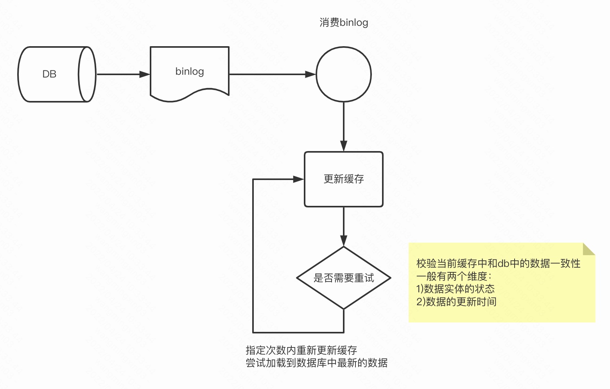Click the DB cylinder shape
pos(57,74)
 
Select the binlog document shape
pos(190,72)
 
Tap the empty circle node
pos(344,74)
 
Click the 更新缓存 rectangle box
pos(344,179)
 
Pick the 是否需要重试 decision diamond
pos(344,278)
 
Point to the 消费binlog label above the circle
pos(344,23)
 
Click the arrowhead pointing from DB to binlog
pos(145,74)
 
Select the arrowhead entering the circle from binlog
pos(311,74)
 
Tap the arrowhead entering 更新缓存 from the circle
pos(344,146)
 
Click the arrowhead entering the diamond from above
pos(344,241)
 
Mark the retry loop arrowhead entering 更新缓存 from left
pos(299,179)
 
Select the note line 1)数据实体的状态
pos(456,289)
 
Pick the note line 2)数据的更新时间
pos(456,302)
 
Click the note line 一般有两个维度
pos(454,276)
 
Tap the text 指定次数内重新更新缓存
pos(301,350)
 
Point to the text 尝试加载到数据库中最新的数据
pos(316,363)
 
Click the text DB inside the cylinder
pos(49,74)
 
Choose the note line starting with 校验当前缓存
pos(498,263)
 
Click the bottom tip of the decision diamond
pos(344,309)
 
